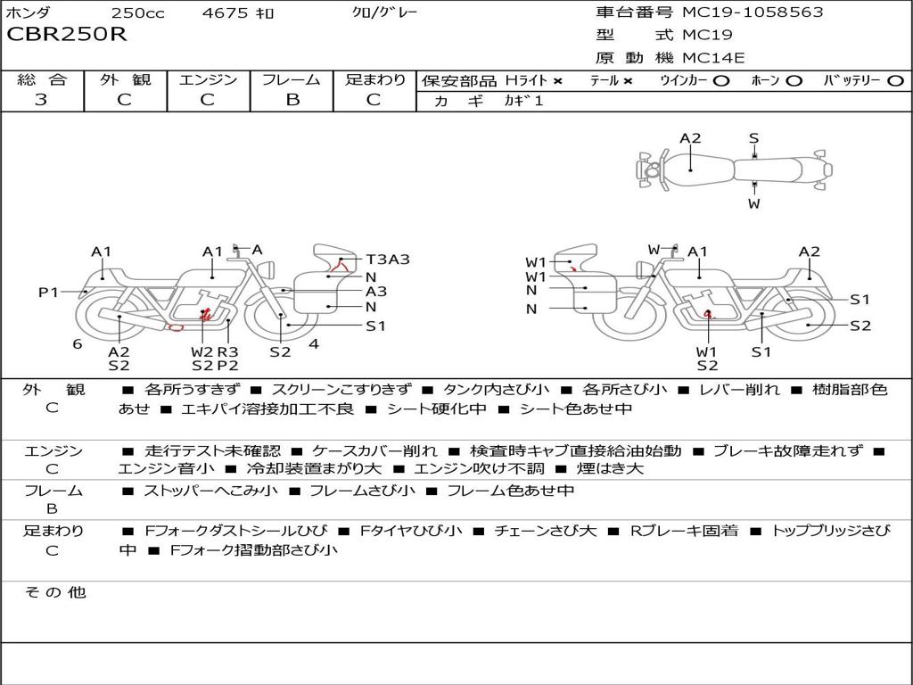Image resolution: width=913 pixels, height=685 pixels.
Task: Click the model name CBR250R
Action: point(67,35)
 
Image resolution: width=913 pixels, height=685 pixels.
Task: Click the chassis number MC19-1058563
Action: point(753,12)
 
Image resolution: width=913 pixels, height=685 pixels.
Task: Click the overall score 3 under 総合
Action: point(41,100)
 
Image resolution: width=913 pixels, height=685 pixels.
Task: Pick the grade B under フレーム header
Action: point(292,100)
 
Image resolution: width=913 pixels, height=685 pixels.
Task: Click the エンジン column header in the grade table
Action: point(208,79)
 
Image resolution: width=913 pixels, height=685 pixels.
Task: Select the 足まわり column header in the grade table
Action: point(375,79)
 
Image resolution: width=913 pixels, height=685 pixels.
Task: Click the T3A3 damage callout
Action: point(388,260)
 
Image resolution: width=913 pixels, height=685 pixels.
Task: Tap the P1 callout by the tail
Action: point(48,292)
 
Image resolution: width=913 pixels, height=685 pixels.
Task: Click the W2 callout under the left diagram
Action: point(202,351)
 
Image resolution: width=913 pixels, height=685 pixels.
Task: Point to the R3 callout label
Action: point(227,351)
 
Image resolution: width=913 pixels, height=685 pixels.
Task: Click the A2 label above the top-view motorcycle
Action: point(690,138)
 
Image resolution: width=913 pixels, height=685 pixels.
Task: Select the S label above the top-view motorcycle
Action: point(753,138)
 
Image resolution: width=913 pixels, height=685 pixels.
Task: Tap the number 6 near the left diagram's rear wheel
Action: point(78,343)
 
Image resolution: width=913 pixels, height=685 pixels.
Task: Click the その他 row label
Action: point(54,592)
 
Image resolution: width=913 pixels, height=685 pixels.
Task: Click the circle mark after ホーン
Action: point(794,80)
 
